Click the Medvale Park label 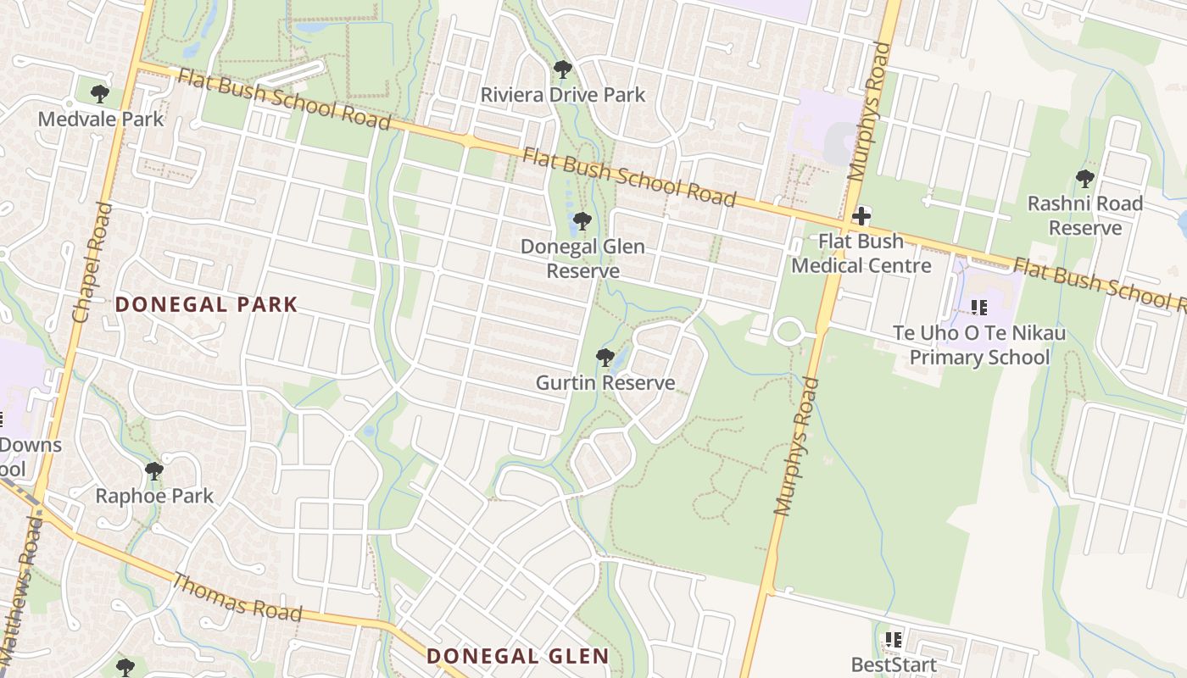point(100,119)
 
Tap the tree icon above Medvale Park point(100,93)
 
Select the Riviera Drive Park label point(563,95)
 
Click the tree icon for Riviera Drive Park point(562,69)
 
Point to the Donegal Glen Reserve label point(582,258)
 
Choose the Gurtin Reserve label point(605,383)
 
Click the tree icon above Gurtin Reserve point(605,358)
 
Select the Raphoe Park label point(154,496)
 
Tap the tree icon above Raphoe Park point(153,470)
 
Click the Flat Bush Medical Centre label point(861,253)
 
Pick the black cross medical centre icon point(861,216)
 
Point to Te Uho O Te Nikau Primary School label point(979,345)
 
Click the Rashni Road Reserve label point(1085,215)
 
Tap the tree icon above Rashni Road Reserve point(1084,179)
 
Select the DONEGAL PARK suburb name point(206,304)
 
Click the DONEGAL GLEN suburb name point(517,656)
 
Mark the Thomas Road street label point(237,597)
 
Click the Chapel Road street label point(93,263)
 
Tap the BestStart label point(894,665)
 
